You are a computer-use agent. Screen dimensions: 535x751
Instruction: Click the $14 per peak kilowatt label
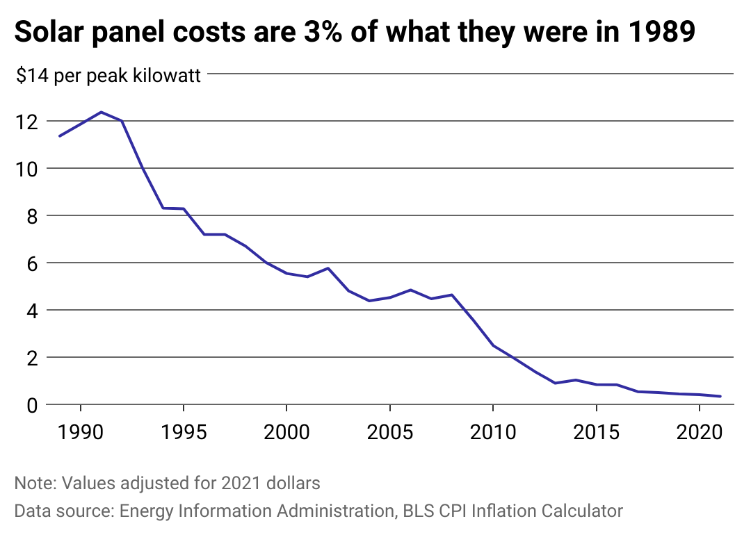(108, 75)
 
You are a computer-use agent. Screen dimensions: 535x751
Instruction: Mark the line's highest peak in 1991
(102, 112)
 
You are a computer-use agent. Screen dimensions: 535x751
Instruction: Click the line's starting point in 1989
(60, 135)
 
